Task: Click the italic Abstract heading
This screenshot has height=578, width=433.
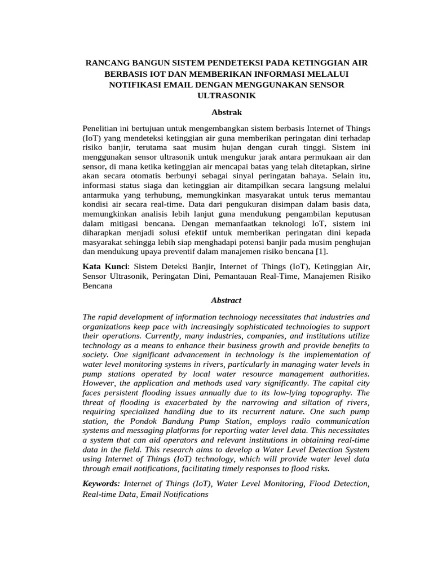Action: click(226, 300)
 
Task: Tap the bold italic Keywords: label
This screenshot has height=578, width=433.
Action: click(101, 484)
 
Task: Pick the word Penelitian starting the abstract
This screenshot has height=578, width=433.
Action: click(101, 129)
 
